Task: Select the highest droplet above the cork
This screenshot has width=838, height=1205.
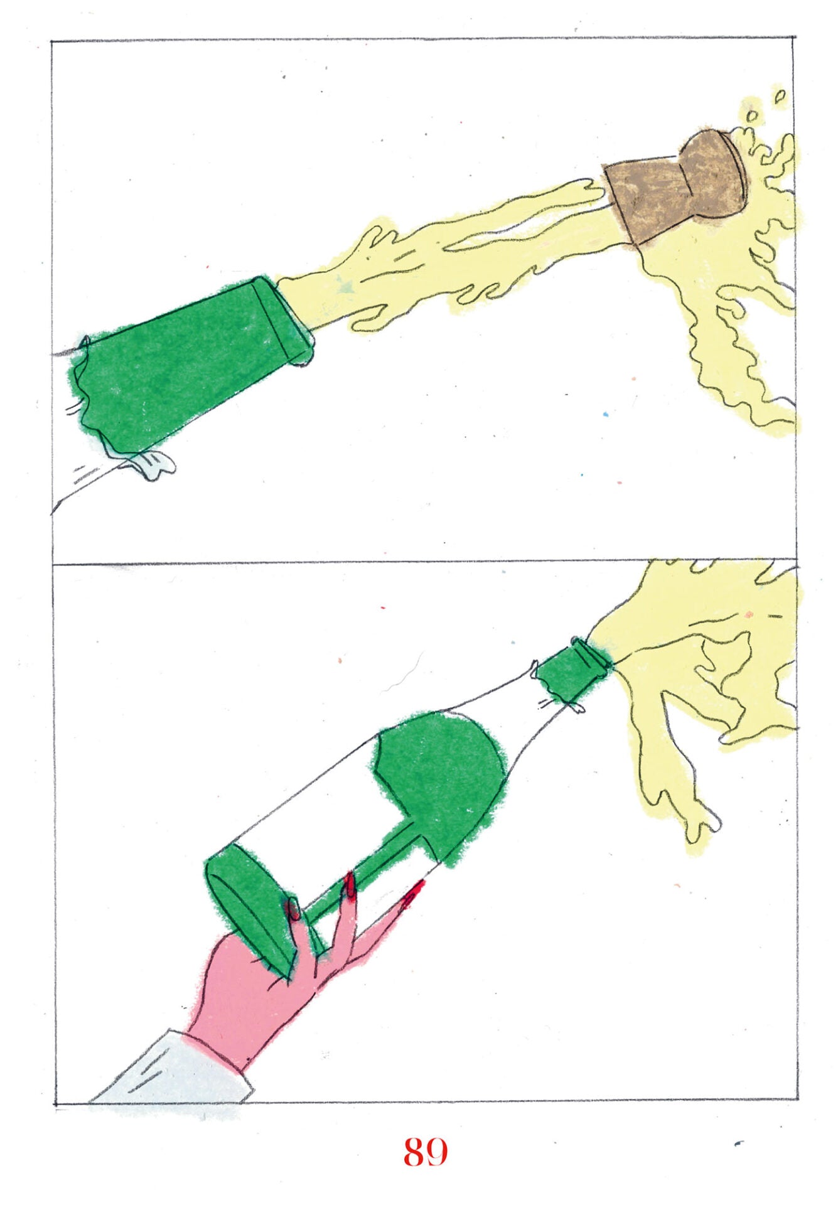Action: [x=780, y=96]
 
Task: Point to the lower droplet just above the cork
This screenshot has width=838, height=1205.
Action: [x=751, y=115]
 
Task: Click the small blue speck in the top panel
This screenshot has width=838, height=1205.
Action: [x=606, y=415]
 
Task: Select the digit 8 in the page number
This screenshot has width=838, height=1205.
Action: [x=414, y=1152]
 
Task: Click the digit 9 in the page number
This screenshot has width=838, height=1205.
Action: [x=438, y=1152]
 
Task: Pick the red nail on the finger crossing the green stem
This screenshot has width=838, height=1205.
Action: [x=349, y=885]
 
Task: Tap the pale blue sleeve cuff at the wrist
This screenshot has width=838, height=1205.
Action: [x=176, y=1067]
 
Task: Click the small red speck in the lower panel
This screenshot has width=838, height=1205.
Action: [x=383, y=608]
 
